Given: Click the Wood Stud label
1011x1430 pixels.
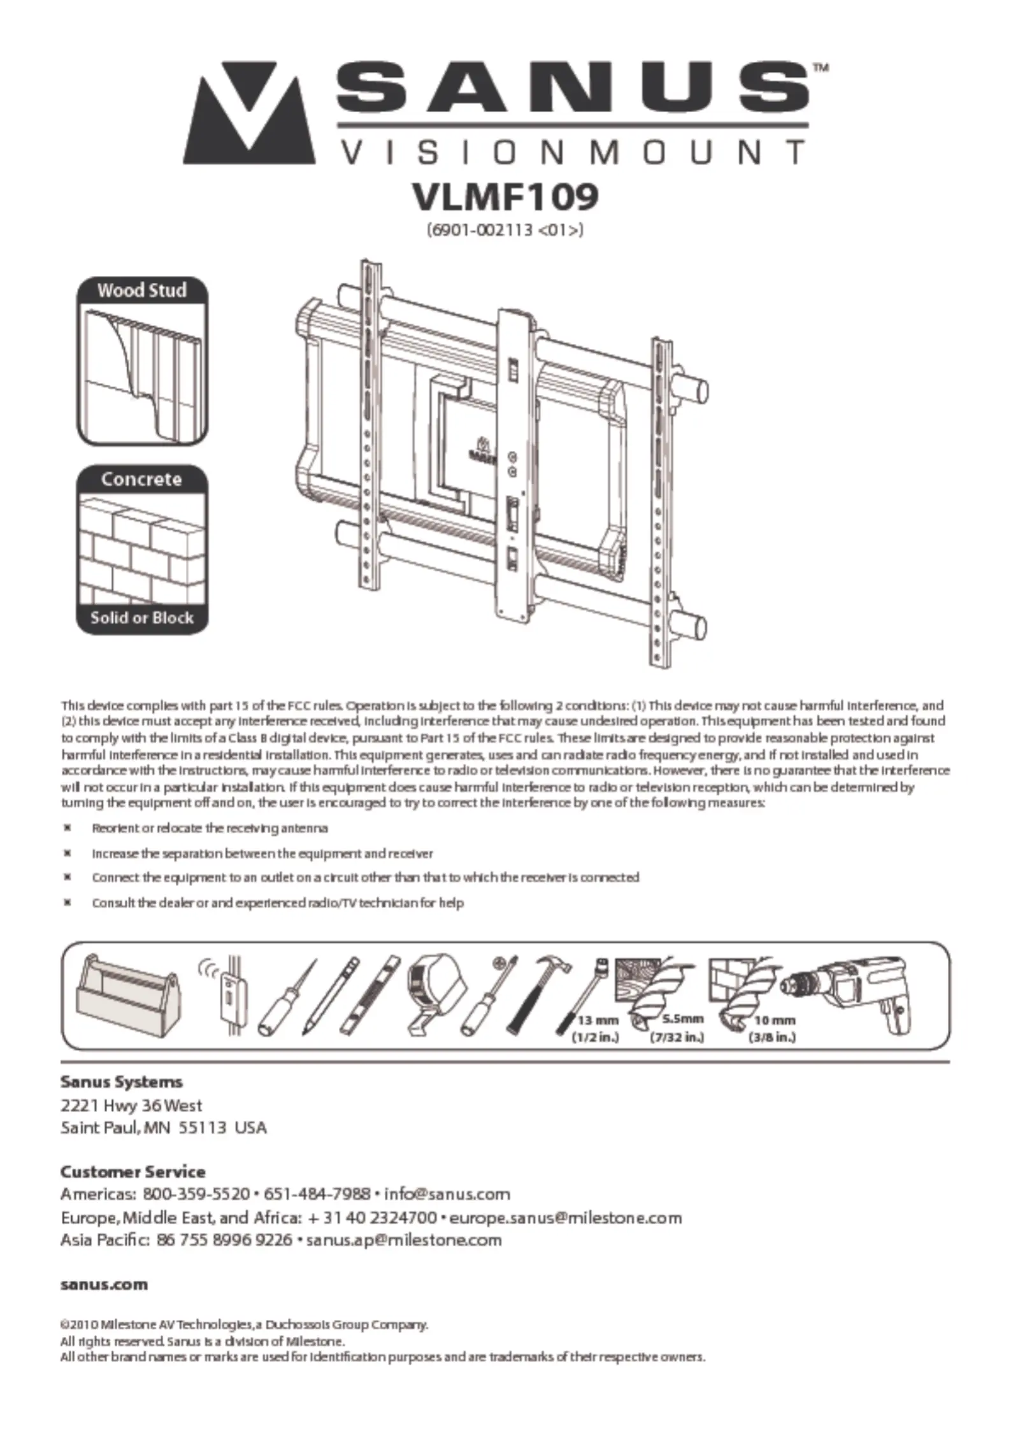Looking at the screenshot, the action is (142, 290).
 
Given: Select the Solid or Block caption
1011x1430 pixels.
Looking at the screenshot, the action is (142, 617).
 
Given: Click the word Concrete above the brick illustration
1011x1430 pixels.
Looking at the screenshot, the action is (141, 479).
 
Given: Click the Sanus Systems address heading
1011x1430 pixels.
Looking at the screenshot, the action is (121, 1082).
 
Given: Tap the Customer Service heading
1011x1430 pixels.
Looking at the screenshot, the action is (133, 1172).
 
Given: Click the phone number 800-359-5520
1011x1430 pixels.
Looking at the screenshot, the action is (196, 1194).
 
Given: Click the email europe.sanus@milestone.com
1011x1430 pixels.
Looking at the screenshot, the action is (565, 1218).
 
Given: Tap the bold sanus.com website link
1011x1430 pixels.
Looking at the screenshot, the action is (104, 1285).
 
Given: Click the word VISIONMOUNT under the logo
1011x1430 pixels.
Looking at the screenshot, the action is (573, 153).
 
